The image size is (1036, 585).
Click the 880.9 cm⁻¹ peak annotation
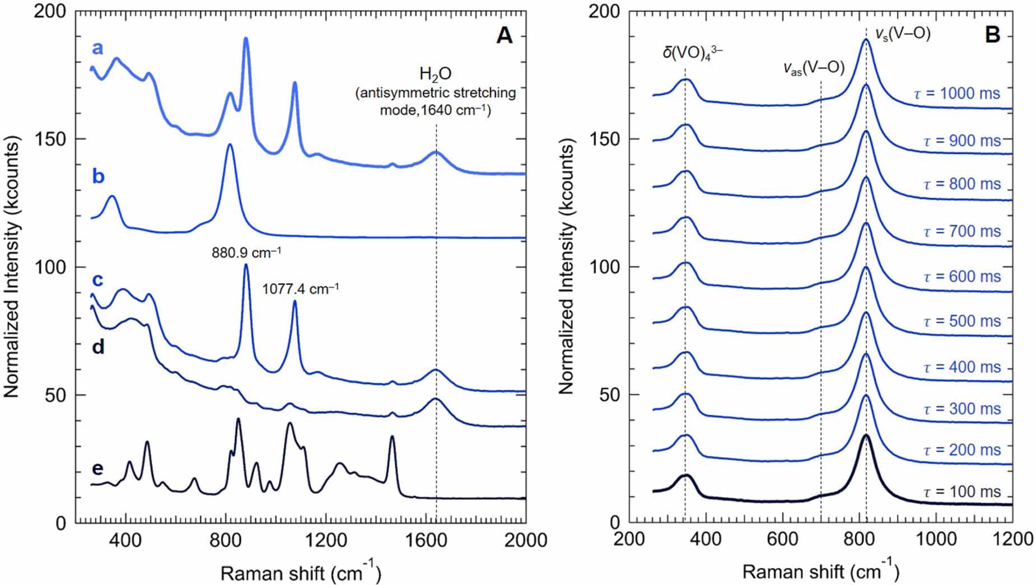[246, 253]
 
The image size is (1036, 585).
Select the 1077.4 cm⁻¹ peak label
[300, 289]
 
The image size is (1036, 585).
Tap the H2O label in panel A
[435, 74]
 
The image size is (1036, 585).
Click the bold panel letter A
[504, 36]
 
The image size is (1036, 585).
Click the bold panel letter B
[992, 36]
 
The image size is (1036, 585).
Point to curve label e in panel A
[97, 468]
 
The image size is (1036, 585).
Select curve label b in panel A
[98, 176]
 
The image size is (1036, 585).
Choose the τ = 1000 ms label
[956, 93]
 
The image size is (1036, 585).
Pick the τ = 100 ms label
[961, 492]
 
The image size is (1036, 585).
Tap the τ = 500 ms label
[961, 321]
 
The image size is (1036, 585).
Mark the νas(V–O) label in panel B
[813, 68]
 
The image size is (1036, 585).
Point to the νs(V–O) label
[902, 34]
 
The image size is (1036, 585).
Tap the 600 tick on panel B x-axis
[782, 539]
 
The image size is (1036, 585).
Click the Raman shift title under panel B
[820, 571]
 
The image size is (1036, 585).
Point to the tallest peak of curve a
[246, 39]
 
